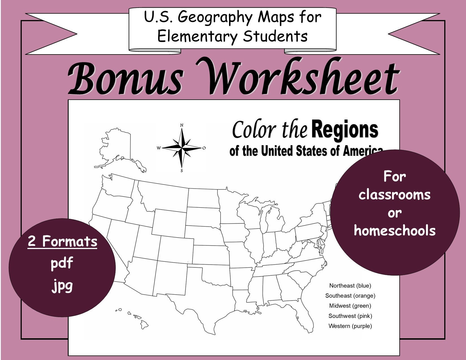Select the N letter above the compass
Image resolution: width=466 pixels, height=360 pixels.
(182, 125)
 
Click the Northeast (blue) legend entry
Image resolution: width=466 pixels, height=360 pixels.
(350, 286)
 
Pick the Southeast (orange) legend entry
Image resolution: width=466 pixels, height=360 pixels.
(350, 296)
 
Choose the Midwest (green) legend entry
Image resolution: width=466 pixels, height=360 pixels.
(350, 306)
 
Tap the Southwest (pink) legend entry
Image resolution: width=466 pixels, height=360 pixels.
(350, 316)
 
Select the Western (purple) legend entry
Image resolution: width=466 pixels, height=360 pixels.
(350, 326)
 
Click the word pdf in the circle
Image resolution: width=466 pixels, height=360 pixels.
(62, 263)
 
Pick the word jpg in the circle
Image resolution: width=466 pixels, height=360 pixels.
(62, 286)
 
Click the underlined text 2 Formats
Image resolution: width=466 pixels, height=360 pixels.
(62, 242)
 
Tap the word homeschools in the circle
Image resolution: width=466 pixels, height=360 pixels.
(395, 230)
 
